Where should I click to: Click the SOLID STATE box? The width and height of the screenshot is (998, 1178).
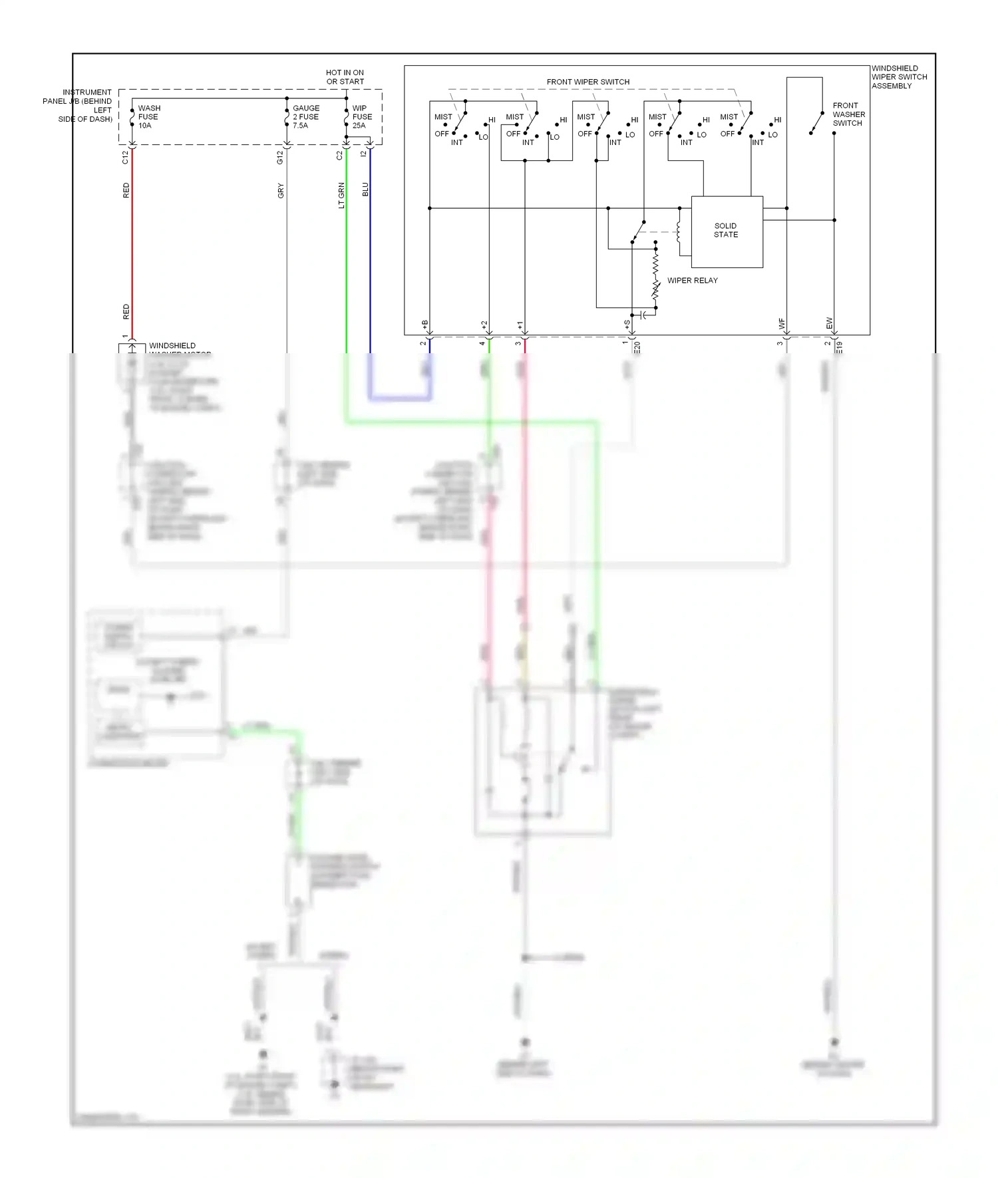tap(727, 231)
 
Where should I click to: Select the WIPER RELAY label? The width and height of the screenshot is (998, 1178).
tap(692, 281)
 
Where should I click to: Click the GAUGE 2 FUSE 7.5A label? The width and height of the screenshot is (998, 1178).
tap(305, 116)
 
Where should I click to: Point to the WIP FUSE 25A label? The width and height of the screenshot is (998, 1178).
tap(362, 116)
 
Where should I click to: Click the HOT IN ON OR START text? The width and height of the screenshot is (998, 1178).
tap(345, 77)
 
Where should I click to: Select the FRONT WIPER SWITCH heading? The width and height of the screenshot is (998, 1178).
tap(587, 82)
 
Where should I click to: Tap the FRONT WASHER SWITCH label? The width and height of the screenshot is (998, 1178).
tap(848, 114)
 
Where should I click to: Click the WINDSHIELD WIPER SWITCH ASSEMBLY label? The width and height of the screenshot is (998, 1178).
tap(899, 77)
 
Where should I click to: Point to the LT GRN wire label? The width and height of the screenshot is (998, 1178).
tap(342, 196)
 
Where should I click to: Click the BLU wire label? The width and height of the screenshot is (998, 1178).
tap(365, 190)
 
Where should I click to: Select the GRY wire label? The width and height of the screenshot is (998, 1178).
tap(281, 191)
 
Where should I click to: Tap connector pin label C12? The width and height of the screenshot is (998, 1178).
tap(125, 158)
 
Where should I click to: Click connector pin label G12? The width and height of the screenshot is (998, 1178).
tap(280, 158)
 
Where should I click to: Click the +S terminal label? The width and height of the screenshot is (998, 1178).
tap(627, 325)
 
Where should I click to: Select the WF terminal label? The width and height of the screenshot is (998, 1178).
tap(782, 324)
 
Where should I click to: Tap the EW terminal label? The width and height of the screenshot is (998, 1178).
tap(829, 323)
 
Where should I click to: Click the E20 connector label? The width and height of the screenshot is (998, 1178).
tap(637, 348)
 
